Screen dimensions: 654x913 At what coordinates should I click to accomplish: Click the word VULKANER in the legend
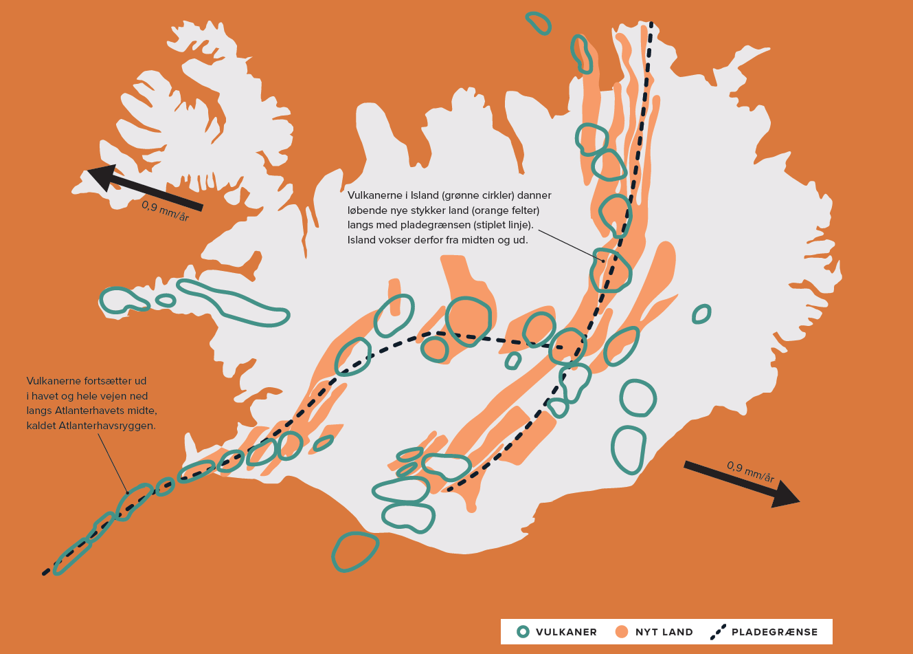coord(566,632)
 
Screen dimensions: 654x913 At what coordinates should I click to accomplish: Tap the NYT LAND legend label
coord(664,632)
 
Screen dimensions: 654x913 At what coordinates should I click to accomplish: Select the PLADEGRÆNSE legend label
coord(774,632)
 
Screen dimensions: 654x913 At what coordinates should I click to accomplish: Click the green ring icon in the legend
coord(523,632)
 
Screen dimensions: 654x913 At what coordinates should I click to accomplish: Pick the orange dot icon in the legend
coord(622,632)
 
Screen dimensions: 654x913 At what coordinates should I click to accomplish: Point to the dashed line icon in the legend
coord(719,631)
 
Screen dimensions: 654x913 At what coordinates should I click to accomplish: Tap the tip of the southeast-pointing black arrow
coord(798,501)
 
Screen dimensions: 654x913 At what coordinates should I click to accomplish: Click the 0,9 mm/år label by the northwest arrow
coord(165,211)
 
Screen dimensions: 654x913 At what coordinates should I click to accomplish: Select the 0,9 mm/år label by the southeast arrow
coord(750,472)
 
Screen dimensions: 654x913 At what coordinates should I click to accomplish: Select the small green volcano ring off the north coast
coord(539,23)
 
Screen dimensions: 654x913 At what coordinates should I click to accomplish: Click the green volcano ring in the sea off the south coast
coord(354,552)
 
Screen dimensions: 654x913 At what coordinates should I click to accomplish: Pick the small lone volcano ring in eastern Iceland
coord(701,314)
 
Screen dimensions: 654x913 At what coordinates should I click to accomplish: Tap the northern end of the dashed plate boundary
coord(652,26)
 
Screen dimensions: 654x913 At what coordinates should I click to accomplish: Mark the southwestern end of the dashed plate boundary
coord(45,572)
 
